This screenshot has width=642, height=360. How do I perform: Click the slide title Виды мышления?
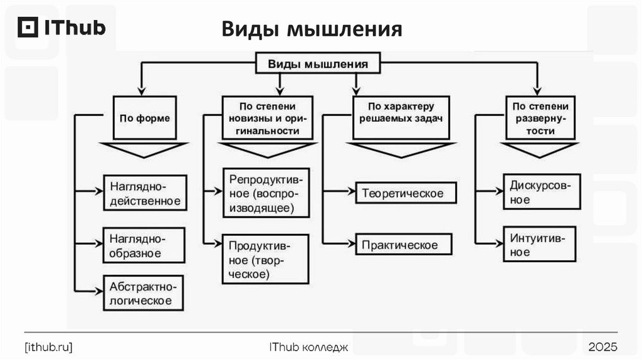(x=311, y=29)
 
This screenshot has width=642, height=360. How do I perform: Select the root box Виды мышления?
(x=318, y=64)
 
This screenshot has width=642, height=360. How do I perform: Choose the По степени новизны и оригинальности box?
(x=268, y=118)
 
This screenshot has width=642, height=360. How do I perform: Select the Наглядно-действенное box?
(x=145, y=194)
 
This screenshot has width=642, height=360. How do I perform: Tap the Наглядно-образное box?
(x=144, y=246)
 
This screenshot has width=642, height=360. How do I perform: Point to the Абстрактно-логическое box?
(x=144, y=293)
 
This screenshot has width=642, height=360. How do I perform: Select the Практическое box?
(x=404, y=244)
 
